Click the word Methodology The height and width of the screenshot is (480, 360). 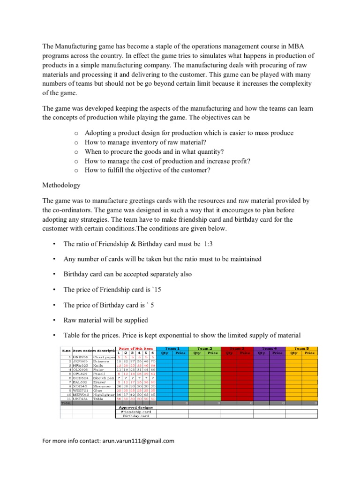click(61, 185)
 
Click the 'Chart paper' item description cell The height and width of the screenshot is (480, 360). click(104, 357)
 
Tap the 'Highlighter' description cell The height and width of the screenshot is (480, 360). click(104, 394)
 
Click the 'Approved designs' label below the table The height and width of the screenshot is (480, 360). click(136, 407)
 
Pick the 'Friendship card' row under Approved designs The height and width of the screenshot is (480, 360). click(136, 412)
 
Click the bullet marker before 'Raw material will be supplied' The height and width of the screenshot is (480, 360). click(54, 320)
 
